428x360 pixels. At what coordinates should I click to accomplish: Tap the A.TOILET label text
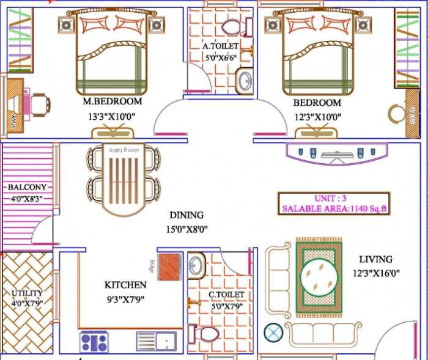(x=222, y=46)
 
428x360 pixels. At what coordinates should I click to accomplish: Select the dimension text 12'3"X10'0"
(x=317, y=117)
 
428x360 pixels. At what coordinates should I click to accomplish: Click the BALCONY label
(x=27, y=187)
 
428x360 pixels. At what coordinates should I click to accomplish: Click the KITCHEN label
(x=125, y=285)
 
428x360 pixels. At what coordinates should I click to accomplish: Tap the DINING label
(x=186, y=215)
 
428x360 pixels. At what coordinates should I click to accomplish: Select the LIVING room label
(x=375, y=259)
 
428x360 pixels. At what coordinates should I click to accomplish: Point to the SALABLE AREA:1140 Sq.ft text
(x=335, y=209)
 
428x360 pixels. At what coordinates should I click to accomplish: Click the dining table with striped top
(x=124, y=181)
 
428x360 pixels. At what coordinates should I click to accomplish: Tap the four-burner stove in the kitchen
(x=94, y=341)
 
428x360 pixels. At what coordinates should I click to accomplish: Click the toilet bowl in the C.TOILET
(x=205, y=335)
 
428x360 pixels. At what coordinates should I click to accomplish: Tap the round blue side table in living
(x=273, y=333)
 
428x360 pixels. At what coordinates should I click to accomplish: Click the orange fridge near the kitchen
(x=170, y=267)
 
